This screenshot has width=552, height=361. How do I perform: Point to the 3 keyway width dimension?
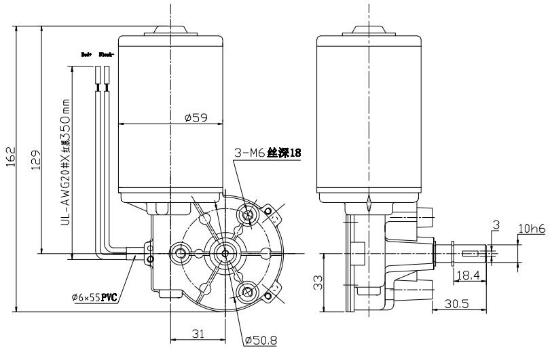point(496,224)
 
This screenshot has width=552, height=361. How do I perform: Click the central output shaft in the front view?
point(223,253)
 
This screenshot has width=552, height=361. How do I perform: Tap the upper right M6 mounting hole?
point(248,216)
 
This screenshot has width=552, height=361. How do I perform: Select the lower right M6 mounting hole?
point(248,292)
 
